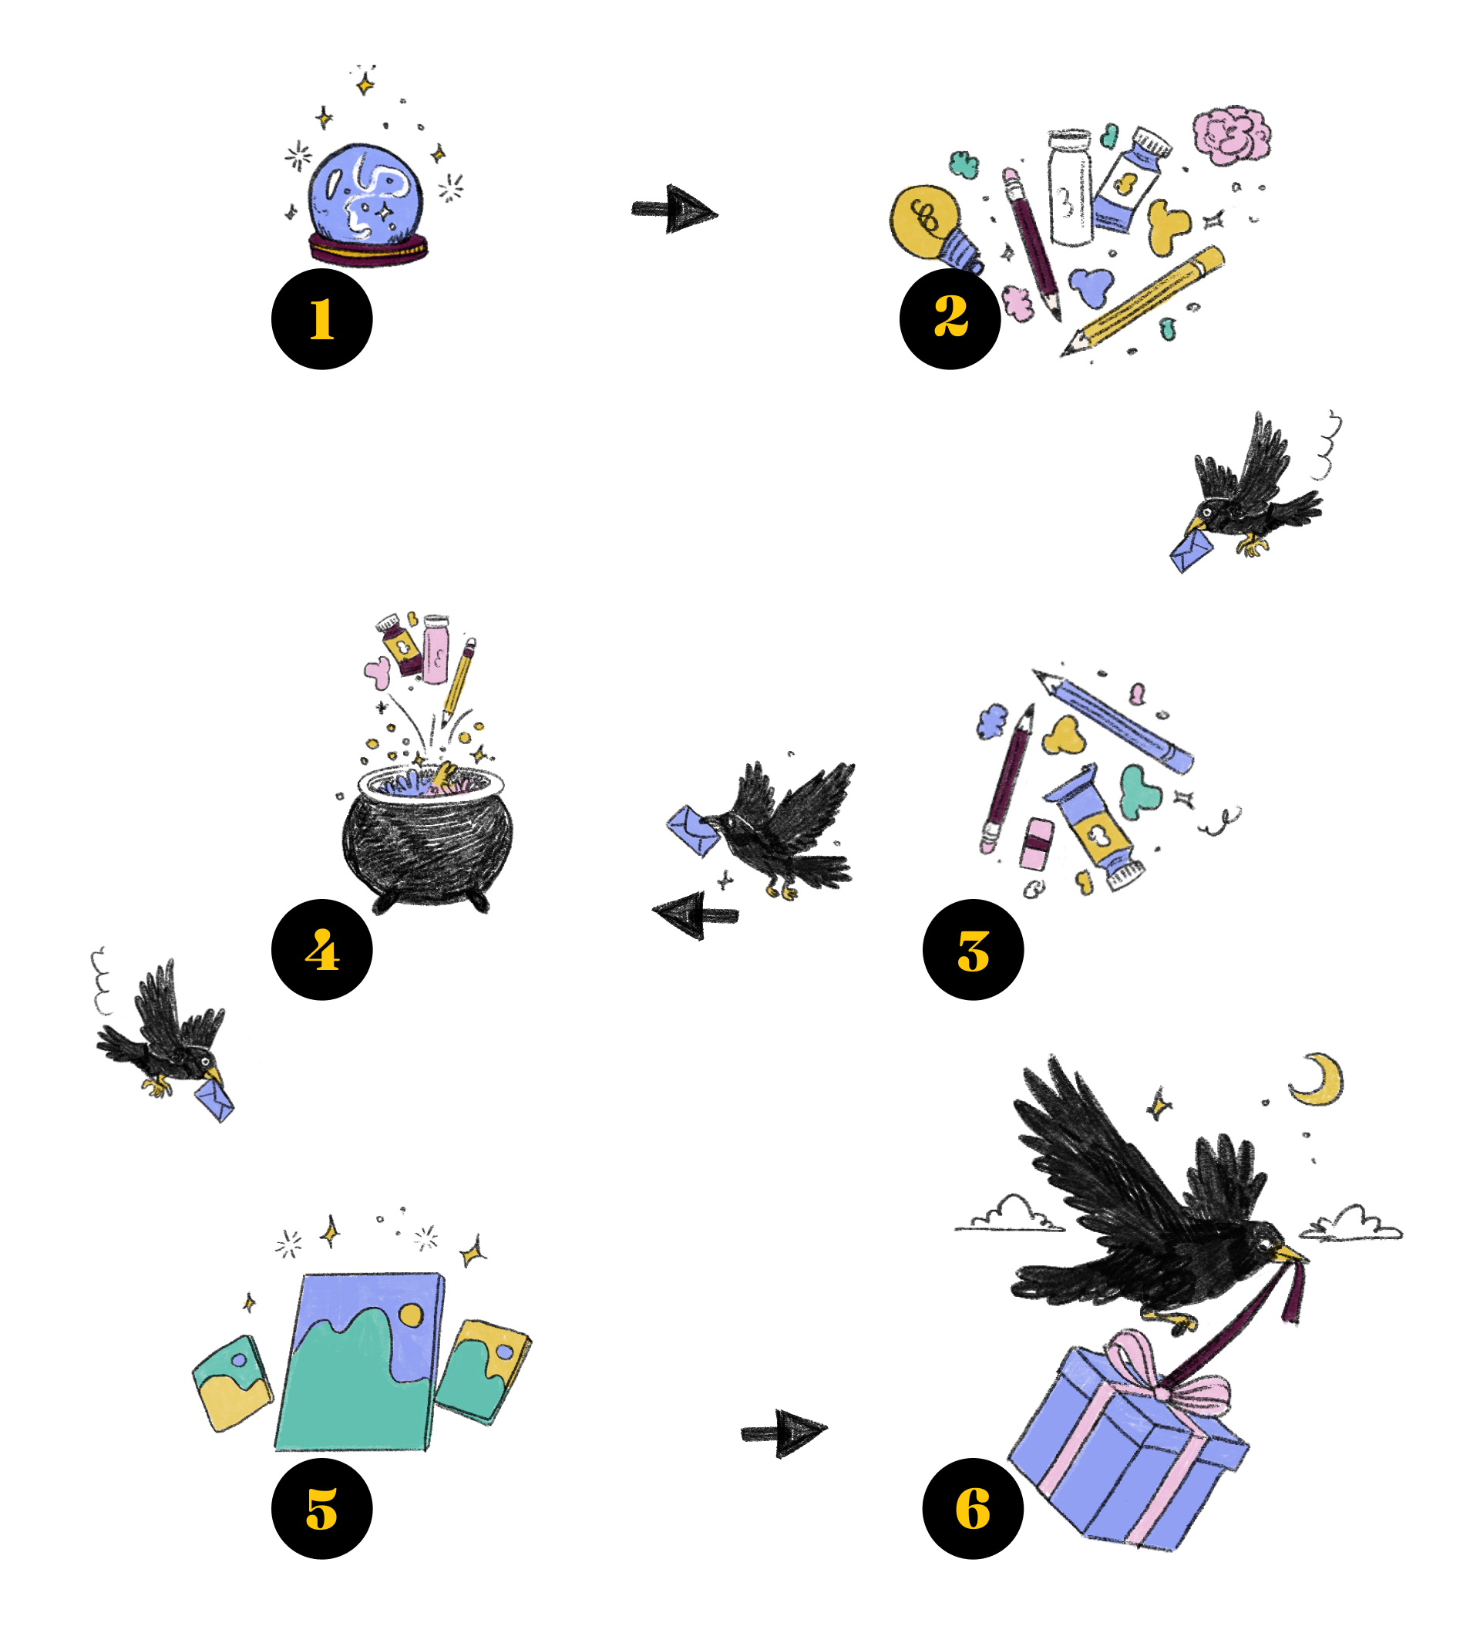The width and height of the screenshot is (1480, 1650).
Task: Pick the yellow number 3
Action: (x=973, y=951)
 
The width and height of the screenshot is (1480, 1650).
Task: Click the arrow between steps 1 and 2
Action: (x=674, y=210)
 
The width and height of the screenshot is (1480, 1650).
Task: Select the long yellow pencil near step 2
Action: (x=1151, y=297)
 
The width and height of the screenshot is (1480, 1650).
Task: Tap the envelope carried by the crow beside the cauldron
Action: (x=694, y=830)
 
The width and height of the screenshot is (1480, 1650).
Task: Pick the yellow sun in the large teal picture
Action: (x=412, y=1315)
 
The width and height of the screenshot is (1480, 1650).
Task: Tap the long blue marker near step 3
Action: (x=1114, y=719)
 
